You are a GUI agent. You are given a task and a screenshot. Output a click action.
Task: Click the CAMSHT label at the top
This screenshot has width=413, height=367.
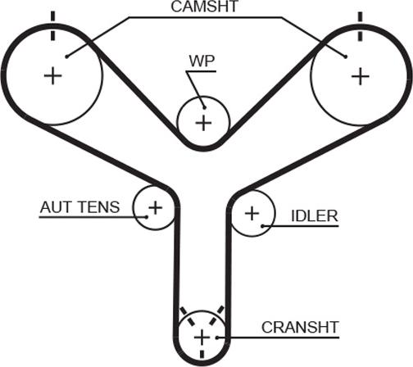205,7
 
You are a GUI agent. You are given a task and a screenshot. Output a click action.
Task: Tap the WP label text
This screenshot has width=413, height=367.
202,61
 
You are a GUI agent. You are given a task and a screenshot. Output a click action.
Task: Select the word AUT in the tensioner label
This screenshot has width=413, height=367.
56,207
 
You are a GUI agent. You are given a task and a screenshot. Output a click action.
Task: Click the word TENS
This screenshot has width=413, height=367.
98,207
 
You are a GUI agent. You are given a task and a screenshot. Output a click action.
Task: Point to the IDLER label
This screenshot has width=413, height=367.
315,216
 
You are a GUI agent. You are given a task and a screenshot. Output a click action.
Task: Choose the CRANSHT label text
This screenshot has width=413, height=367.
300,327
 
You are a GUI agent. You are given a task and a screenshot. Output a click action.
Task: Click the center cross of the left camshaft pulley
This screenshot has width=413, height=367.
53,75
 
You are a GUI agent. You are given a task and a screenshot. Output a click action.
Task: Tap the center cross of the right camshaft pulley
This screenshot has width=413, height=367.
361,76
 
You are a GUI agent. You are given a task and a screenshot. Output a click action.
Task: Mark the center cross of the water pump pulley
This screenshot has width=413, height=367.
203,123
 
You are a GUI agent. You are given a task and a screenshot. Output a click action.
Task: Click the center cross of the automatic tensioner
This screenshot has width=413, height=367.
156,208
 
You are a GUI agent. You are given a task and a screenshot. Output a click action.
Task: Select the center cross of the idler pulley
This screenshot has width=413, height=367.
252,213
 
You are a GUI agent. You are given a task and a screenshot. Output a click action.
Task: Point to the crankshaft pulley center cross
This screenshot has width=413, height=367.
202,338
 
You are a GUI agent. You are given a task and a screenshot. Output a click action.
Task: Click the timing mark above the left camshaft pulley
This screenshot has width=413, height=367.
52,26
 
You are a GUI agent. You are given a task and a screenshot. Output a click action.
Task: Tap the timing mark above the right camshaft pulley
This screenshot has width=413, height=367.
361,26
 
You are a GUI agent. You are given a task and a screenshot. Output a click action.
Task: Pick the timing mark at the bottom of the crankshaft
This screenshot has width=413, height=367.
202,354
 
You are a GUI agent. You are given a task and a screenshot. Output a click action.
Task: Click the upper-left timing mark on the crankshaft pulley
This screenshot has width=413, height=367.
187,316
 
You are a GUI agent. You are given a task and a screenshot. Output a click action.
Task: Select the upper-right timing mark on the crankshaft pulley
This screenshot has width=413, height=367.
216,315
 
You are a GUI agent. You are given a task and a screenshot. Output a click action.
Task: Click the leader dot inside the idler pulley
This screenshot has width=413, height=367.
262,226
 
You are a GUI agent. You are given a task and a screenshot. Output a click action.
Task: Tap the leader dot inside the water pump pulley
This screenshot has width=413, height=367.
204,108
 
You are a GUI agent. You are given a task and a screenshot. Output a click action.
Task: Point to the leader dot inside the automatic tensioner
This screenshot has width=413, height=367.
147,217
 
